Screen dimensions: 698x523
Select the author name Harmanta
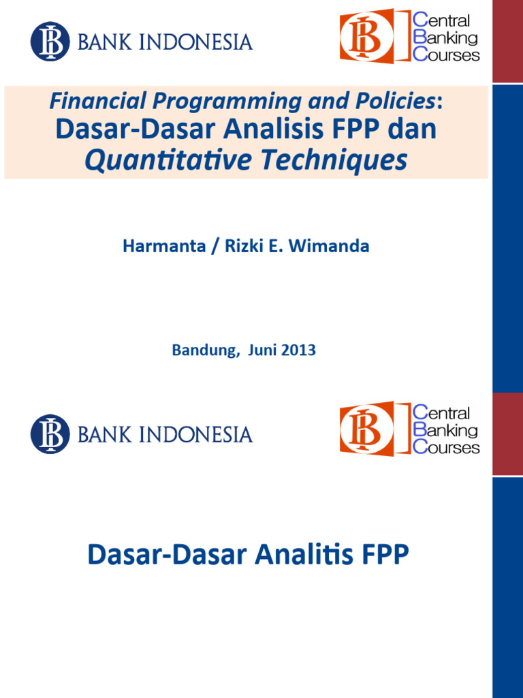pyautogui.click(x=161, y=246)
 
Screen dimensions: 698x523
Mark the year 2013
pyautogui.click(x=298, y=350)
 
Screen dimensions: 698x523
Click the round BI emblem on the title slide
pyautogui.click(x=50, y=42)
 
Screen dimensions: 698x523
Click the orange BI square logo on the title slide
pyautogui.click(x=366, y=36)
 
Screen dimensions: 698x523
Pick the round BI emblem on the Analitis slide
pyautogui.click(x=50, y=434)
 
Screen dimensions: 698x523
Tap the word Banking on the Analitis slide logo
pyautogui.click(x=446, y=430)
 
